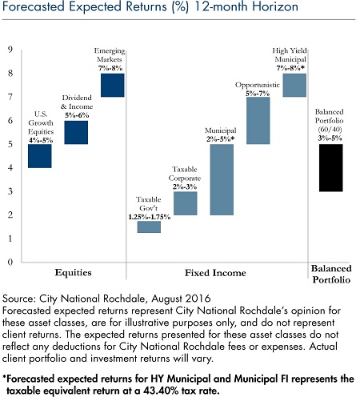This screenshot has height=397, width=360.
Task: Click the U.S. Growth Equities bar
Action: (x=40, y=156)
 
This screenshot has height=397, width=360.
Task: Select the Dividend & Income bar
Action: (x=76, y=133)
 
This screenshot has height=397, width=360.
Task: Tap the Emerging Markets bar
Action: (x=113, y=85)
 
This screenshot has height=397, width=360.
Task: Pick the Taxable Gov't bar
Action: (x=149, y=227)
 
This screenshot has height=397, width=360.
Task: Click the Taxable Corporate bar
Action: (x=186, y=203)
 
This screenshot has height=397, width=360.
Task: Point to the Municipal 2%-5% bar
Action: (x=222, y=179)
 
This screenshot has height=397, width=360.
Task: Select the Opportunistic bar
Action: (x=258, y=121)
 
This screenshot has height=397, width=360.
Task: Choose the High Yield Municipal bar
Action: (x=294, y=85)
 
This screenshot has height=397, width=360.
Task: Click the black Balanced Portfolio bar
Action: (x=331, y=168)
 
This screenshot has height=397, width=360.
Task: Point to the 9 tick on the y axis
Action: (x=10, y=50)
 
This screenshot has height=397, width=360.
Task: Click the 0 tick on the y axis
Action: (x=10, y=262)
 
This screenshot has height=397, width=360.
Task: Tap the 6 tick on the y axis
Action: (x=10, y=120)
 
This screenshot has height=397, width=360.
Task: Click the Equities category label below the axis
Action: (x=73, y=273)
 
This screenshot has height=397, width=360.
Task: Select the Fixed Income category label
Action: (x=215, y=273)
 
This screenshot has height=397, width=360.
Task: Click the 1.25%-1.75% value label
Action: (x=150, y=217)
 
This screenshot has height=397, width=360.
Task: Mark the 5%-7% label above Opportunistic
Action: (x=258, y=94)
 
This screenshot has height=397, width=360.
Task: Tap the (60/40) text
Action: (x=330, y=130)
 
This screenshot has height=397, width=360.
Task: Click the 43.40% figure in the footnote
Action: (x=162, y=391)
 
